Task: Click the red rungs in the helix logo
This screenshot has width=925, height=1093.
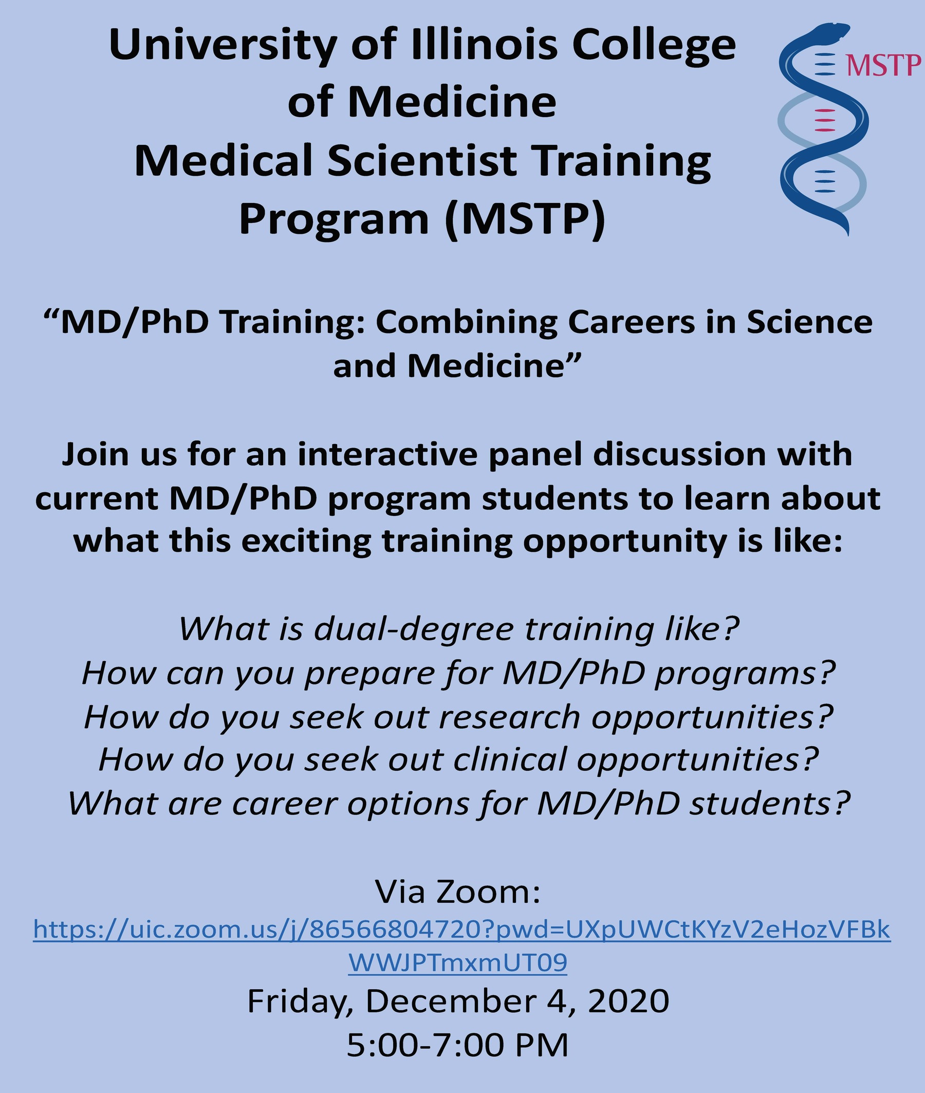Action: click(x=824, y=120)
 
